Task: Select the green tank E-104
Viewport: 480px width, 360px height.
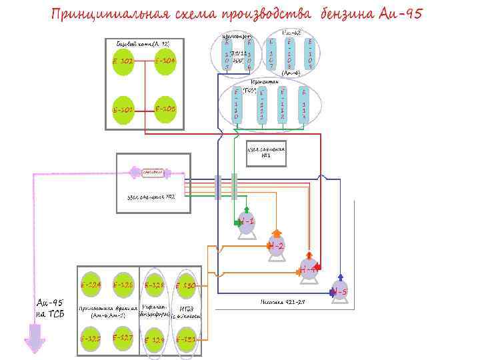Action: click(165, 62)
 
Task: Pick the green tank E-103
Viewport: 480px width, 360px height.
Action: click(165, 108)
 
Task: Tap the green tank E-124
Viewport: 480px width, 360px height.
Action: click(91, 285)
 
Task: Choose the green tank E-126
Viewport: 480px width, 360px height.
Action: click(123, 285)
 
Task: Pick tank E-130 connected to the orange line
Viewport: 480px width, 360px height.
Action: click(186, 285)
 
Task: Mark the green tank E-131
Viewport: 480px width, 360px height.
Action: click(186, 339)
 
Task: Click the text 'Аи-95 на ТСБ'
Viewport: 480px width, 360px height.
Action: click(49, 308)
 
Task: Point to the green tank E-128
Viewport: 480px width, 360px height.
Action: click(155, 285)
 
